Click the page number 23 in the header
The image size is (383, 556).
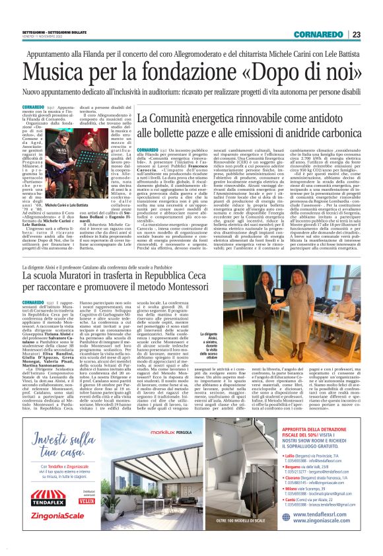[x=356, y=34]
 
